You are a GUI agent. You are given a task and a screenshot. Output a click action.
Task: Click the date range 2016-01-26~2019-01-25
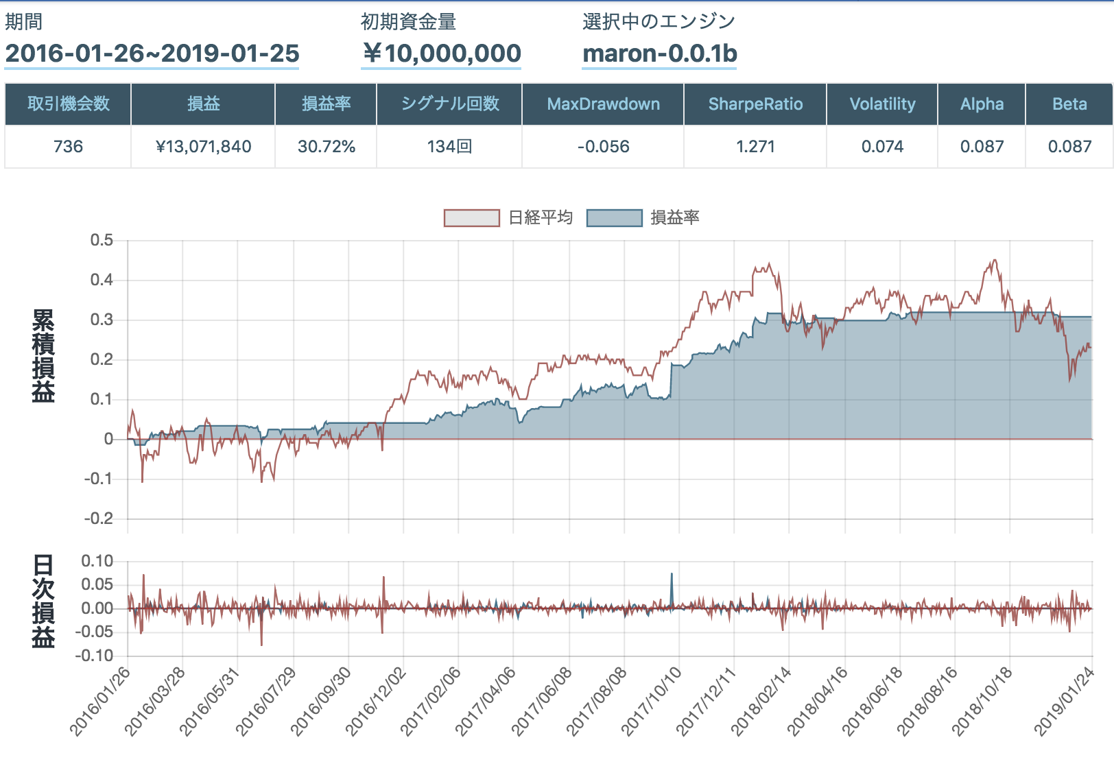[152, 53]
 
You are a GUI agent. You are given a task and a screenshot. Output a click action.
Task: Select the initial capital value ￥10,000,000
[442, 53]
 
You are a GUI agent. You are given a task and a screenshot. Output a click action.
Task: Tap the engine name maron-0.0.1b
[659, 53]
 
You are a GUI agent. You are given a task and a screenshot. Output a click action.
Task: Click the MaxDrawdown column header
[603, 104]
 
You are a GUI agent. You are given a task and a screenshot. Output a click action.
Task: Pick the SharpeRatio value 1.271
[755, 147]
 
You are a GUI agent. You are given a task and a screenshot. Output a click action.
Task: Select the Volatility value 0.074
[882, 147]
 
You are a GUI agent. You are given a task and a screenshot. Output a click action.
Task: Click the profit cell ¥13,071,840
[203, 147]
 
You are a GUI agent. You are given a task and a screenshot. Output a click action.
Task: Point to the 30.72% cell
[326, 147]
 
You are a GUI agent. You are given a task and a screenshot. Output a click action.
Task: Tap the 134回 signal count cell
[449, 147]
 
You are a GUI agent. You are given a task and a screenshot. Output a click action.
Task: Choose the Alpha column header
[982, 104]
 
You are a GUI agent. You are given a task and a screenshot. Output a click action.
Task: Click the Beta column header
[1069, 104]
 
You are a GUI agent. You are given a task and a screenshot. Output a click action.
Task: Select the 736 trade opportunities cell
[68, 147]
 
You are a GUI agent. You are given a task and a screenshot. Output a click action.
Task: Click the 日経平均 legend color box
[471, 218]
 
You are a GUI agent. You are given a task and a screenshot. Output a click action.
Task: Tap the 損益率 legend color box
[614, 218]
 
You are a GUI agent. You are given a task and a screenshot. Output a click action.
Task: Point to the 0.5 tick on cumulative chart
[102, 240]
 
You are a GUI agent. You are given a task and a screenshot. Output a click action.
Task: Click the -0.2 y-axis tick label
[99, 518]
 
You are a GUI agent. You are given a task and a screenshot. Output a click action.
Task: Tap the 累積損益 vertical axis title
[43, 355]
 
